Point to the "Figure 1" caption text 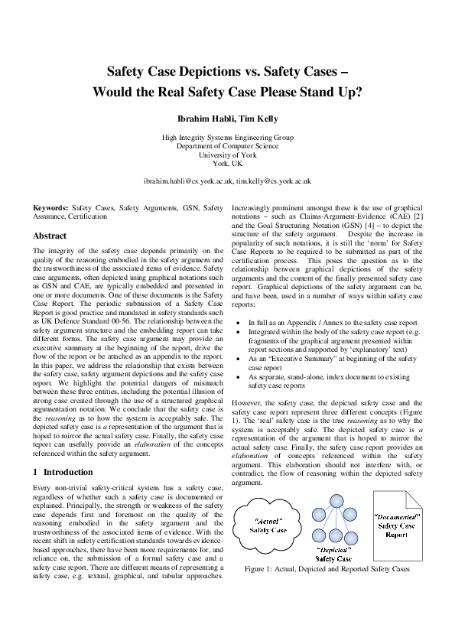[327, 570]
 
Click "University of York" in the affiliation [227, 154]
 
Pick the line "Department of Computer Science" [227, 145]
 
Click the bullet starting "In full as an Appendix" [332, 324]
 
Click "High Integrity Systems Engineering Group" [227, 137]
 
